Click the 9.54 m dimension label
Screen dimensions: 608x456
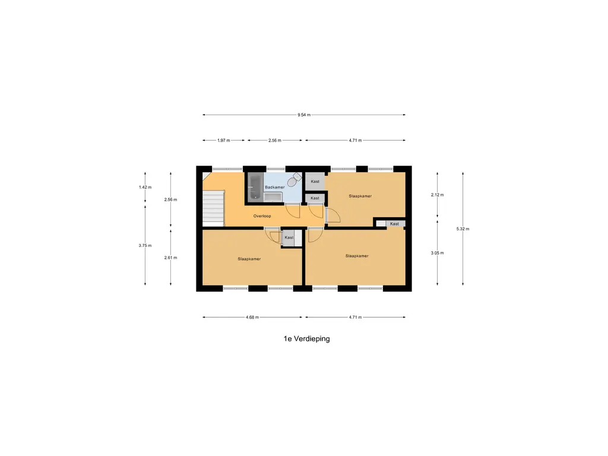[x=304, y=115]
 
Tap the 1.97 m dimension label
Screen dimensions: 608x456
[x=224, y=140]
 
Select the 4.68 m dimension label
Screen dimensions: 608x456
[x=252, y=317]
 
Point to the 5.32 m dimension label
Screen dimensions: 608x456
[x=463, y=229]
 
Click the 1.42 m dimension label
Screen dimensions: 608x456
[x=145, y=187]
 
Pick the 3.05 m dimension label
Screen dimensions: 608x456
[x=438, y=253]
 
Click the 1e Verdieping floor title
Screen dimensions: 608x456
[x=307, y=338]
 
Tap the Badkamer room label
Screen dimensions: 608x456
[x=274, y=187]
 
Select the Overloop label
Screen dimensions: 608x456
[x=262, y=216]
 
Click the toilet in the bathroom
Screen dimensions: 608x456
[x=295, y=180]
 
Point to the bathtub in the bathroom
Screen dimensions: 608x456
[x=255, y=187]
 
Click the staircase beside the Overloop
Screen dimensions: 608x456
[x=213, y=208]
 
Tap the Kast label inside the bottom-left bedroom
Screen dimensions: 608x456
[x=289, y=237]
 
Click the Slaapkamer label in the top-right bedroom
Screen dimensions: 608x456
[x=360, y=196]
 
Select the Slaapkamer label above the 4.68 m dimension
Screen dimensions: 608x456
[x=249, y=259]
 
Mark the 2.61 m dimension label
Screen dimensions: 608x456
[x=170, y=258]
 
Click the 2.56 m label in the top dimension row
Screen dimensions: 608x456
[x=274, y=140]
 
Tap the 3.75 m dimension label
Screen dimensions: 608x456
[x=145, y=245]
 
